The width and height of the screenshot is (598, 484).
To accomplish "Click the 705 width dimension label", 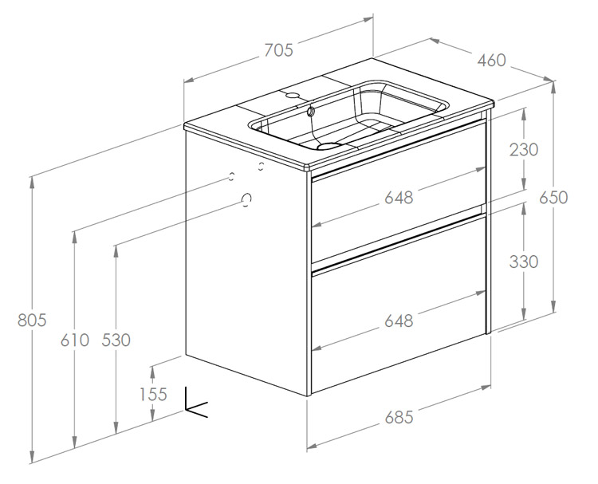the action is point(279,50).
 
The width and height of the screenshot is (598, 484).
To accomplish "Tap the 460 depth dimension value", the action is point(492,61).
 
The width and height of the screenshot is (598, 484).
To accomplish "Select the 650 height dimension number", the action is point(553,198).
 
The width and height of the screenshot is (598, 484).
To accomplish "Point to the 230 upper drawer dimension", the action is point(524,150).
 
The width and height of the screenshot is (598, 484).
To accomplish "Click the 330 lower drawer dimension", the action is point(524,262).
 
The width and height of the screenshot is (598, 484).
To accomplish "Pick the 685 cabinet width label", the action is point(399,417).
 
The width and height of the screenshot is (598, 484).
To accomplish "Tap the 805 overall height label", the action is point(32,320).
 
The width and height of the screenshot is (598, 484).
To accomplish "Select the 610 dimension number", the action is point(75,340).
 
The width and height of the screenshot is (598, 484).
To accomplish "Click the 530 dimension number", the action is point(116,340).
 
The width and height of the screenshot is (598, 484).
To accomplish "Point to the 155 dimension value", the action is point(153,394).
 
